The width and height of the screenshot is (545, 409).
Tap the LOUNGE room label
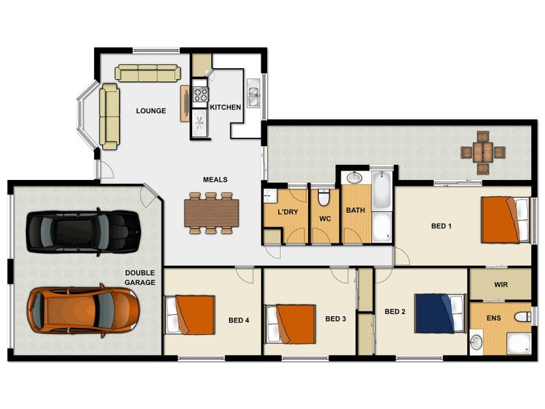[151, 110]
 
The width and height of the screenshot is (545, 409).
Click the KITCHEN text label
[225, 108]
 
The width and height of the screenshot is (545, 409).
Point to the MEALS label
[215, 180]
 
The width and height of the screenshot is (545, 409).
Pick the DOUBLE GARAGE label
[140, 277]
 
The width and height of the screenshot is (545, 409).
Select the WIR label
[500, 284]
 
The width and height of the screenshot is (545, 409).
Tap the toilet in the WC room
[324, 198]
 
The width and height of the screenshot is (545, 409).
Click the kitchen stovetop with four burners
[200, 95]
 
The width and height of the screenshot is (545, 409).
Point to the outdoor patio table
[482, 151]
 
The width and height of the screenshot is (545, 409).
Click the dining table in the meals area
[212, 212]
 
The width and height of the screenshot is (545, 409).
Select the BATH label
[356, 211]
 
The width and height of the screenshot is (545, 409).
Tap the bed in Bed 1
[505, 219]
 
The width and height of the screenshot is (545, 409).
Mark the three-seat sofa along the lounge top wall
[147, 72]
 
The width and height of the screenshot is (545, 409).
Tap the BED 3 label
[337, 318]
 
